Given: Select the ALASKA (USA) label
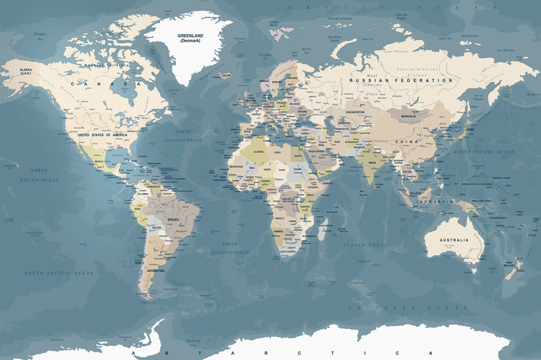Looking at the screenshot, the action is pyautogui.click(x=27, y=71).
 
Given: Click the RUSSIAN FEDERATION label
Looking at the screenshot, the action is pyautogui.click(x=400, y=80).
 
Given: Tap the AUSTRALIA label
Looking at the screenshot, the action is pyautogui.click(x=454, y=240).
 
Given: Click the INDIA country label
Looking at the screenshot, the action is pyautogui.click(x=373, y=164).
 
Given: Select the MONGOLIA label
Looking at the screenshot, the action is pyautogui.click(x=410, y=117).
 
